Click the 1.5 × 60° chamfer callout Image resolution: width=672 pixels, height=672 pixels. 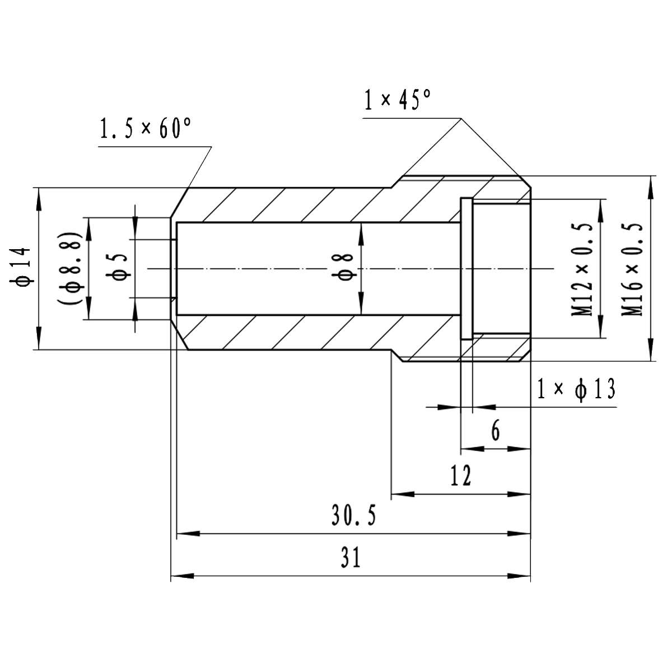point(145,129)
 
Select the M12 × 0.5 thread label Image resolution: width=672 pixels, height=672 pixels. point(582,268)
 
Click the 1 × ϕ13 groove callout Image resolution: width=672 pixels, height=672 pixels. point(576,389)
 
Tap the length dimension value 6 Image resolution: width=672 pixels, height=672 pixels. point(495,431)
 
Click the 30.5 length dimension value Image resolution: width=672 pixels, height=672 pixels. point(353,515)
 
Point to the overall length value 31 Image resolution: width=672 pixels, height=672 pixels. point(351,558)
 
